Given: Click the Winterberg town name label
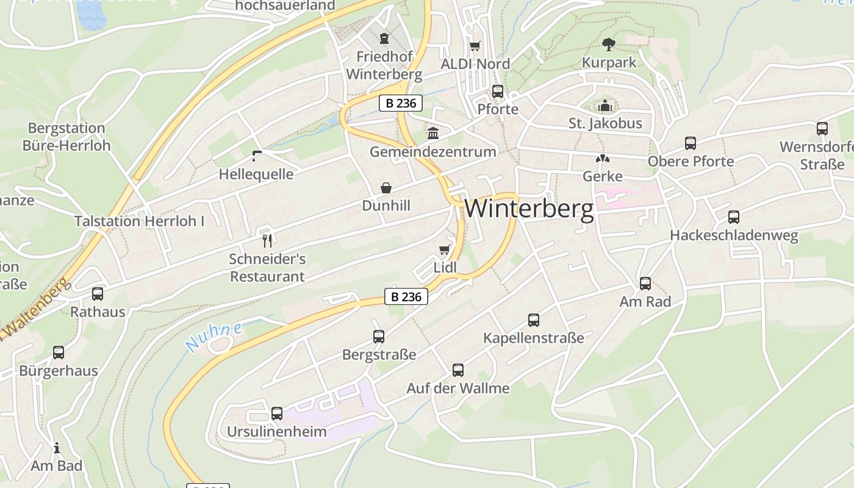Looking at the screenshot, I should click(x=529, y=209).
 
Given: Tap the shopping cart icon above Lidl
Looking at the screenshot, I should click(x=444, y=249).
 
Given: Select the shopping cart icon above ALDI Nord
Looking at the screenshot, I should click(x=475, y=46).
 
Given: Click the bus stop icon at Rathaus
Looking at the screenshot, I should click(x=98, y=294).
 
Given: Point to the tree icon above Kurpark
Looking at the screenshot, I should click(x=608, y=44).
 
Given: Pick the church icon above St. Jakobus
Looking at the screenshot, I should click(x=605, y=106).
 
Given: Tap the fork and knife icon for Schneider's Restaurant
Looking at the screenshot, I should click(x=267, y=240).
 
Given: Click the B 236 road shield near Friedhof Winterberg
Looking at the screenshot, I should click(x=401, y=103).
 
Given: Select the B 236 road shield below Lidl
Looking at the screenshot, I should click(x=406, y=297).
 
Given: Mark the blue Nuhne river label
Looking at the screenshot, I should click(x=213, y=336).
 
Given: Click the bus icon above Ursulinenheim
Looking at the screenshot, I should click(x=277, y=414).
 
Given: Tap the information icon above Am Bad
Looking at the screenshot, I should click(x=57, y=448).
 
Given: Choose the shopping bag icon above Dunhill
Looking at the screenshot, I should click(x=386, y=187).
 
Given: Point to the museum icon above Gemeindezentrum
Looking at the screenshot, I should click(x=433, y=133).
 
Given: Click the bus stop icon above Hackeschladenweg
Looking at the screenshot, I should click(x=734, y=217).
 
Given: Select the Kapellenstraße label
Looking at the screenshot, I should click(x=533, y=338).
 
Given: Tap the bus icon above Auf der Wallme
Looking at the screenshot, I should click(x=458, y=370).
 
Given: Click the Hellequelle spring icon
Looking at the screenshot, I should click(x=257, y=156).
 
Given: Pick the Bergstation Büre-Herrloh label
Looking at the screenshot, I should click(x=66, y=137).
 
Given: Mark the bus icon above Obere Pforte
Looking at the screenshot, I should click(x=691, y=143).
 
